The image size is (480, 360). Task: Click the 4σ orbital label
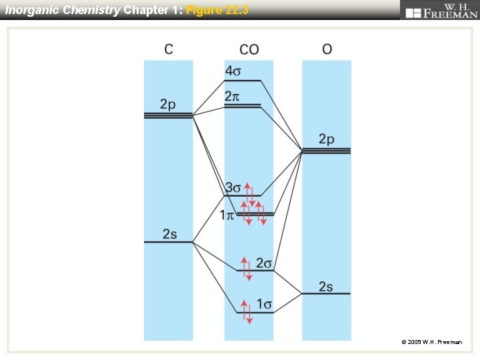point(233,71)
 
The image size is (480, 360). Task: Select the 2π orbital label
point(232,97)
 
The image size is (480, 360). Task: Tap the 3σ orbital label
point(233,187)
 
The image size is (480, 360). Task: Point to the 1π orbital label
point(227,215)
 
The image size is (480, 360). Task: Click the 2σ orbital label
point(265,263)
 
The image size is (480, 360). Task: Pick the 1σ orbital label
point(265,305)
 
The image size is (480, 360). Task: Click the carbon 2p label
point(168,104)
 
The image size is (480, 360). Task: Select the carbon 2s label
point(170,233)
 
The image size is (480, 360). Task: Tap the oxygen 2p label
point(326,139)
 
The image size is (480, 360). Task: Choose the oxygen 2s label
point(325,286)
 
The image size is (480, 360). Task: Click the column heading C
point(169,49)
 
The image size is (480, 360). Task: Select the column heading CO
point(249,49)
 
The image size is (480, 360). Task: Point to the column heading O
point(327,49)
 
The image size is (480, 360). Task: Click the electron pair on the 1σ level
point(247,312)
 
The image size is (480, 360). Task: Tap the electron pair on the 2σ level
point(247,269)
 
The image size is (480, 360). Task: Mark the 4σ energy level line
point(242,81)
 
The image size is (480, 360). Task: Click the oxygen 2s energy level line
point(326,294)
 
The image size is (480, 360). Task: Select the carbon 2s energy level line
point(169,242)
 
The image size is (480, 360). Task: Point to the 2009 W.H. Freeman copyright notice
point(431,342)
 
